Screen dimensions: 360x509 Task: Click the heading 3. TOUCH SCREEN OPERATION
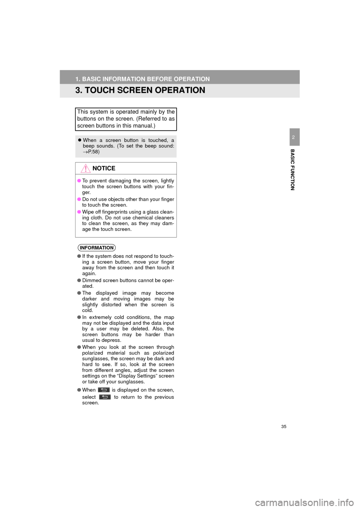click(140, 90)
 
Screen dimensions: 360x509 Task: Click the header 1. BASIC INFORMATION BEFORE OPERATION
click(142, 79)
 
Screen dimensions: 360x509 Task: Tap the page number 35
click(283, 427)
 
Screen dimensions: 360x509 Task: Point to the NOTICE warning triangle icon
click(85, 169)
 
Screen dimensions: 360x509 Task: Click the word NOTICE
click(104, 168)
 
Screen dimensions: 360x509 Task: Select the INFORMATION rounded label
click(97, 248)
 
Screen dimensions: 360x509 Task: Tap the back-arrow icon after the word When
click(104, 390)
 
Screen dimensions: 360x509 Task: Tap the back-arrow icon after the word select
click(105, 397)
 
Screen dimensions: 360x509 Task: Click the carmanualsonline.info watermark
click(307, 502)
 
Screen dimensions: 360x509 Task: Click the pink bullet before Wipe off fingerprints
click(79, 212)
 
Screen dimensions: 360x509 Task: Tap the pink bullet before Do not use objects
click(79, 199)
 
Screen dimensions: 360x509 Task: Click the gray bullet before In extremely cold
click(79, 317)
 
